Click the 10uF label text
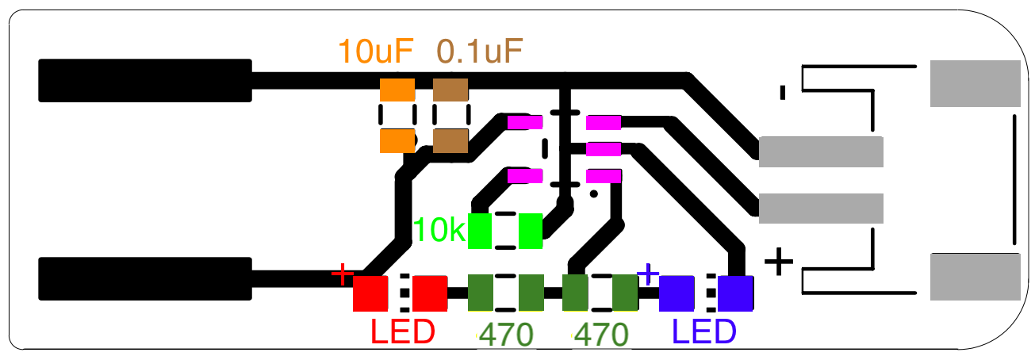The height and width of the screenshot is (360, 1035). [x=376, y=52]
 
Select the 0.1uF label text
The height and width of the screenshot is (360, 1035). [x=480, y=52]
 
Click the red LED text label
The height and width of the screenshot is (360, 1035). [x=403, y=332]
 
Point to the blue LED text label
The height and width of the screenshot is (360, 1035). [x=704, y=332]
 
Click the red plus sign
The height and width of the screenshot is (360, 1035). [x=343, y=274]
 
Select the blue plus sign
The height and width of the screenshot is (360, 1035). [x=648, y=274]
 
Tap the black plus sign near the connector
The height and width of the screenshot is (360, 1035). [x=778, y=261]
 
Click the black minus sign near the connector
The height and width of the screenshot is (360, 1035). [x=783, y=92]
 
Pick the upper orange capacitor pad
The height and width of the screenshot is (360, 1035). [x=397, y=90]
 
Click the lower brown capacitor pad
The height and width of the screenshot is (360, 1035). [x=450, y=141]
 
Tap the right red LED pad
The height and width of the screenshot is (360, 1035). [x=430, y=293]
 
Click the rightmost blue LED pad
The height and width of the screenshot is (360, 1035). [x=735, y=293]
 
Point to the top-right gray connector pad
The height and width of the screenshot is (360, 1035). [x=975, y=83]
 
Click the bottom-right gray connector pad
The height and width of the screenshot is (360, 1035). [x=975, y=275]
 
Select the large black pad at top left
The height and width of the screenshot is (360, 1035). [x=145, y=80]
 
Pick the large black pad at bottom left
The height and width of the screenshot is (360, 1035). [x=145, y=278]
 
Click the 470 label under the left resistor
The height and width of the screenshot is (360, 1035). [x=506, y=335]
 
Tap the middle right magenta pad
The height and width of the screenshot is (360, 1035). [x=603, y=148]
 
